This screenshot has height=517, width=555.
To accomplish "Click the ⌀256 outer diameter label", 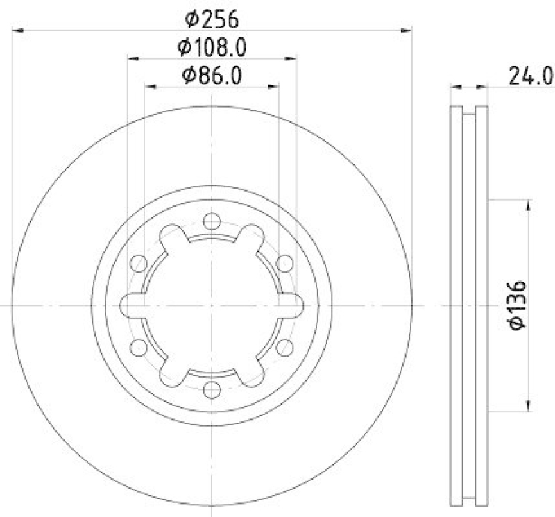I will coord(212,17).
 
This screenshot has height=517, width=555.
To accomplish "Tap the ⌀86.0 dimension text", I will coord(212,76).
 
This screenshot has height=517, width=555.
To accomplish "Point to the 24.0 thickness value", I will coord(531,75).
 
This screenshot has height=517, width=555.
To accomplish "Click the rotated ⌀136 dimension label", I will coord(516,305).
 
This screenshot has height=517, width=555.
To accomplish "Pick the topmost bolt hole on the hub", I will coord(212,222).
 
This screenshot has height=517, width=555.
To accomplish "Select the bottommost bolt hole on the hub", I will coord(212,390).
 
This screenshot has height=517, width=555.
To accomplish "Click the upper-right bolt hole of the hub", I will coord(284,263).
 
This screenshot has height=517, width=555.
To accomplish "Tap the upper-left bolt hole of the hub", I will coord(139,263).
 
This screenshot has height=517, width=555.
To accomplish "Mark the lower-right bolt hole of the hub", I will coord(284,348).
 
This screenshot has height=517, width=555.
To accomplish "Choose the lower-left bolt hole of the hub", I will coord(139,348).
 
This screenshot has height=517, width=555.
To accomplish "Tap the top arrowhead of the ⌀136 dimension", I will coord(529,204).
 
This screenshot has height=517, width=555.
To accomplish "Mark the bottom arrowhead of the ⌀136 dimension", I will coord(529,407).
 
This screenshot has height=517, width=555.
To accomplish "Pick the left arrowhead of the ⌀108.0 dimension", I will coord(132,59).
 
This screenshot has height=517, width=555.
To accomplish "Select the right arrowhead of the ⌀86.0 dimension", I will coord(275,87).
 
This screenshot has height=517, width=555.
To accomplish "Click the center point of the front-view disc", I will coord(212,305).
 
